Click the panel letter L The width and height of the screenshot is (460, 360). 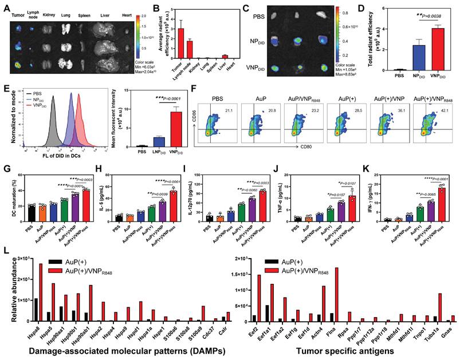(5, 251)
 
